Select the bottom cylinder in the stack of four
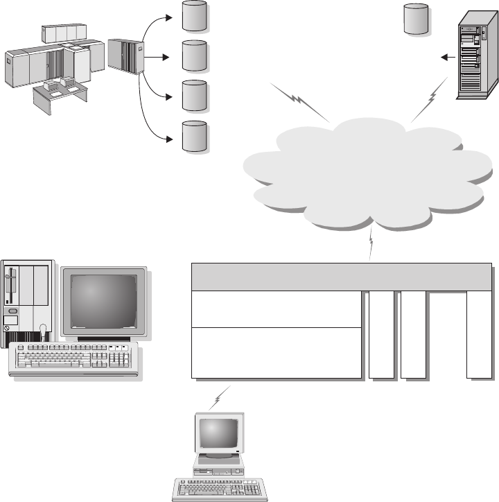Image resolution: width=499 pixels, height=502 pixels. tap(194, 136)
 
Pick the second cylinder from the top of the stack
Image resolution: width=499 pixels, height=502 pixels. tap(194, 56)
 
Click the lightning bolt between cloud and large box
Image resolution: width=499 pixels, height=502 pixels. tap(372, 245)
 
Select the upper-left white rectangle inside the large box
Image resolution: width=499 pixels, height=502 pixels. tap(276, 309)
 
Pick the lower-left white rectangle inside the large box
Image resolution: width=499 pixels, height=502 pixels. tap(276, 352)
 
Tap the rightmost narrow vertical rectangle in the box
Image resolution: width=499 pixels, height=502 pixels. tap(480, 335)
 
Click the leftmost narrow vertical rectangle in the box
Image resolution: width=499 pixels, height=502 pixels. tap(381, 335)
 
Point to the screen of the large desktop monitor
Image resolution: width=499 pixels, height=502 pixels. tap(104, 301)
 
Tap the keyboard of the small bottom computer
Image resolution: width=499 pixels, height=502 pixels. tap(220, 488)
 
